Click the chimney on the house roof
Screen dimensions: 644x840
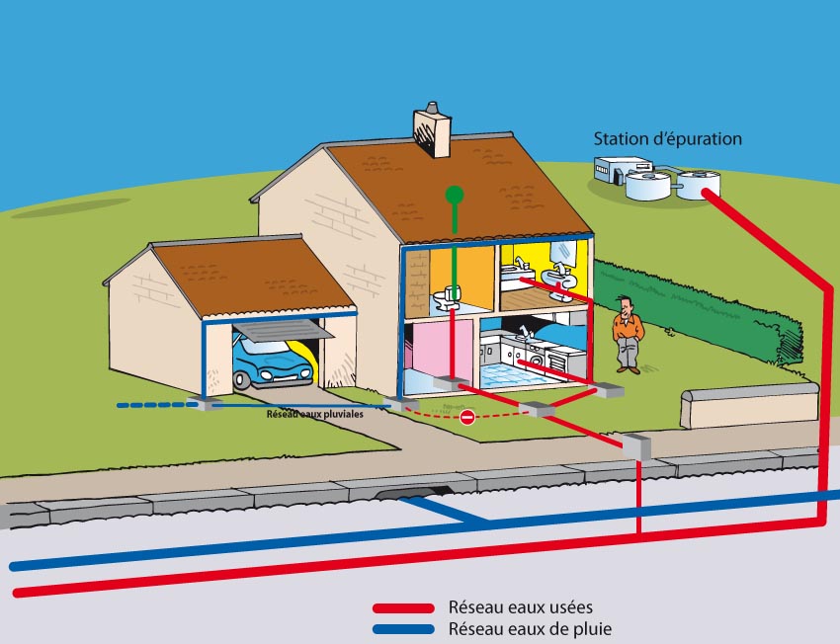tap(432, 132)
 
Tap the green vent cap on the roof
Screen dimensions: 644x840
tap(454, 195)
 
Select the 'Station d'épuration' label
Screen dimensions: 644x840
tap(667, 139)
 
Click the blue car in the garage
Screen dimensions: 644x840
tap(272, 362)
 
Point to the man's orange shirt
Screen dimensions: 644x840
tap(627, 325)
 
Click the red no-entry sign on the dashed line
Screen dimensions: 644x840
tap(468, 418)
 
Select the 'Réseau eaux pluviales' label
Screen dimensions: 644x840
tap(314, 414)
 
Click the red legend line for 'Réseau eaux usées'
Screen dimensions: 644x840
tap(402, 608)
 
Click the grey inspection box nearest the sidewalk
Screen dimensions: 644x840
tap(638, 445)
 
